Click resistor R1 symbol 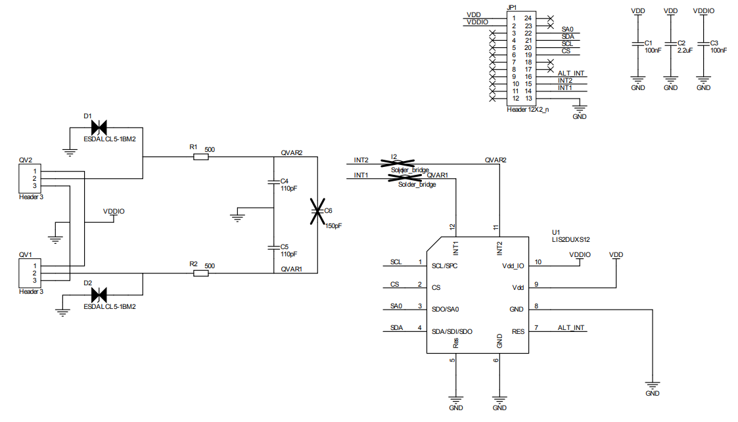pyautogui.click(x=200, y=156)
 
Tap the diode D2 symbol pyautogui.click(x=99, y=294)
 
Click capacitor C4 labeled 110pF pyautogui.click(x=273, y=183)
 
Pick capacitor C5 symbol pyautogui.click(x=273, y=248)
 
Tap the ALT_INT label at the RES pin pyautogui.click(x=570, y=327)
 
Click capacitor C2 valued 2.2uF pyautogui.click(x=670, y=44)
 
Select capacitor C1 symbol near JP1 pyautogui.click(x=637, y=44)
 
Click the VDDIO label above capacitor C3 pyautogui.click(x=703, y=11)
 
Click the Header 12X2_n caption pyautogui.click(x=528, y=110)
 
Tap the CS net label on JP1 pyautogui.click(x=566, y=51)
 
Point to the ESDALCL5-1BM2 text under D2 pyautogui.click(x=110, y=306)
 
